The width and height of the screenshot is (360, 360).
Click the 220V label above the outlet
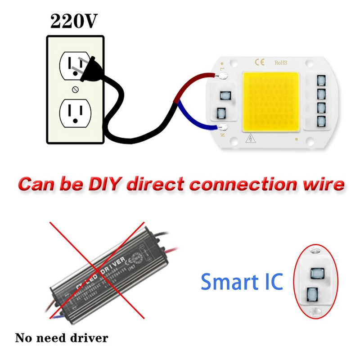(x=73, y=21)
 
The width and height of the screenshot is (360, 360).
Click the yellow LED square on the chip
(x=271, y=102)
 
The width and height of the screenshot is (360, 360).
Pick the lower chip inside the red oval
(x=311, y=295)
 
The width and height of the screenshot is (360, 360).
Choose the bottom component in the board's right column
(x=321, y=121)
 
